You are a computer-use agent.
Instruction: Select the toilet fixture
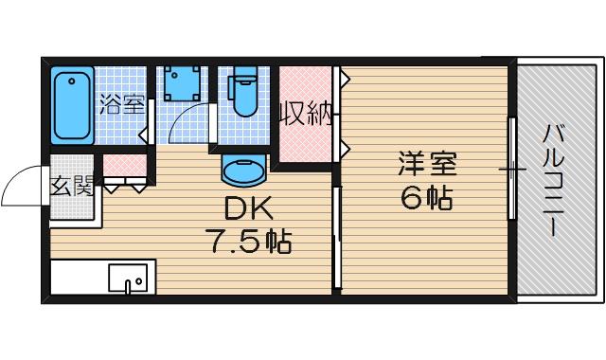point(244,94)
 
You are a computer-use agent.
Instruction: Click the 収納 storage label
point(305,115)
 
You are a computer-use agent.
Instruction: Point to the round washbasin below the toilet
point(244,171)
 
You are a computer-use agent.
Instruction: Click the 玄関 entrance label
point(71,187)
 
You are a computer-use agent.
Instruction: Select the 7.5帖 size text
point(248,242)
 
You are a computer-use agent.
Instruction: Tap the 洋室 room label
point(426,164)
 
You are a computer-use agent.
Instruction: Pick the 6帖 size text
point(426,199)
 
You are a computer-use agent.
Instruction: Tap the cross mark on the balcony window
point(512,171)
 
